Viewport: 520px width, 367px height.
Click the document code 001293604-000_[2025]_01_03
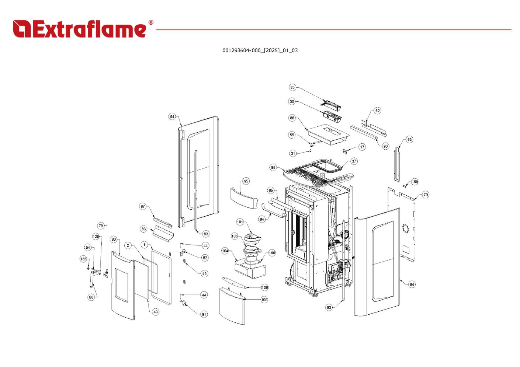[x=260, y=50]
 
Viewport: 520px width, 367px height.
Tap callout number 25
[x=292, y=87]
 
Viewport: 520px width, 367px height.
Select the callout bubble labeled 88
[x=292, y=118]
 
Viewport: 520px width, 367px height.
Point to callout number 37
[x=354, y=161]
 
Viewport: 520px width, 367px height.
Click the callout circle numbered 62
[x=377, y=111]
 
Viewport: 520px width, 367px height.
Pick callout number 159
[x=415, y=182]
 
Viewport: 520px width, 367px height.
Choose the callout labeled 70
[x=426, y=195]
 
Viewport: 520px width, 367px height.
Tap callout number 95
[x=246, y=181]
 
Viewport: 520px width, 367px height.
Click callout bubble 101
[x=240, y=222]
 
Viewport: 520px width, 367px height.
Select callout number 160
[x=272, y=253]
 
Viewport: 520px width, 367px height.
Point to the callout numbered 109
[x=264, y=300]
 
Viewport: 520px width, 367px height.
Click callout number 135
[x=84, y=259]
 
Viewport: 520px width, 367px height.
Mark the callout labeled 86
[x=91, y=297]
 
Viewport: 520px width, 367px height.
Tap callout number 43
[x=156, y=312]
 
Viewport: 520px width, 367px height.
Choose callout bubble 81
[x=204, y=314]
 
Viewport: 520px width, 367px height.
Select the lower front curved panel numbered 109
[x=232, y=306]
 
